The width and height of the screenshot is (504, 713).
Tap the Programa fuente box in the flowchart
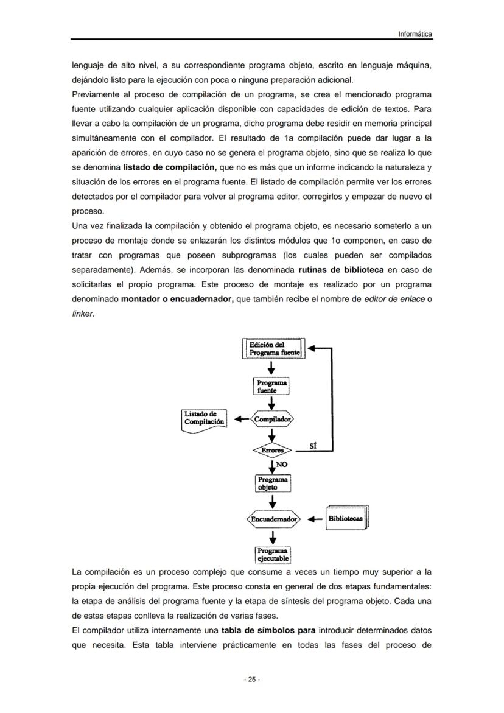tap(273, 386)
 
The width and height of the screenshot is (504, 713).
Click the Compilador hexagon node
tap(273, 419)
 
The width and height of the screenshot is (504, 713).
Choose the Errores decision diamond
tap(273, 451)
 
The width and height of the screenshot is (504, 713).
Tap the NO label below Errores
tap(282, 464)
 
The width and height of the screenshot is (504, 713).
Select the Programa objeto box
tap(273, 483)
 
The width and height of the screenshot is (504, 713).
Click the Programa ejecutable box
tap(273, 555)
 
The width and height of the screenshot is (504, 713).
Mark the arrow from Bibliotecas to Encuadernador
tap(315, 519)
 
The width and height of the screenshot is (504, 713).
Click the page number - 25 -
tap(252, 680)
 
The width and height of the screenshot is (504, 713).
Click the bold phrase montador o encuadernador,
tap(177, 298)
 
